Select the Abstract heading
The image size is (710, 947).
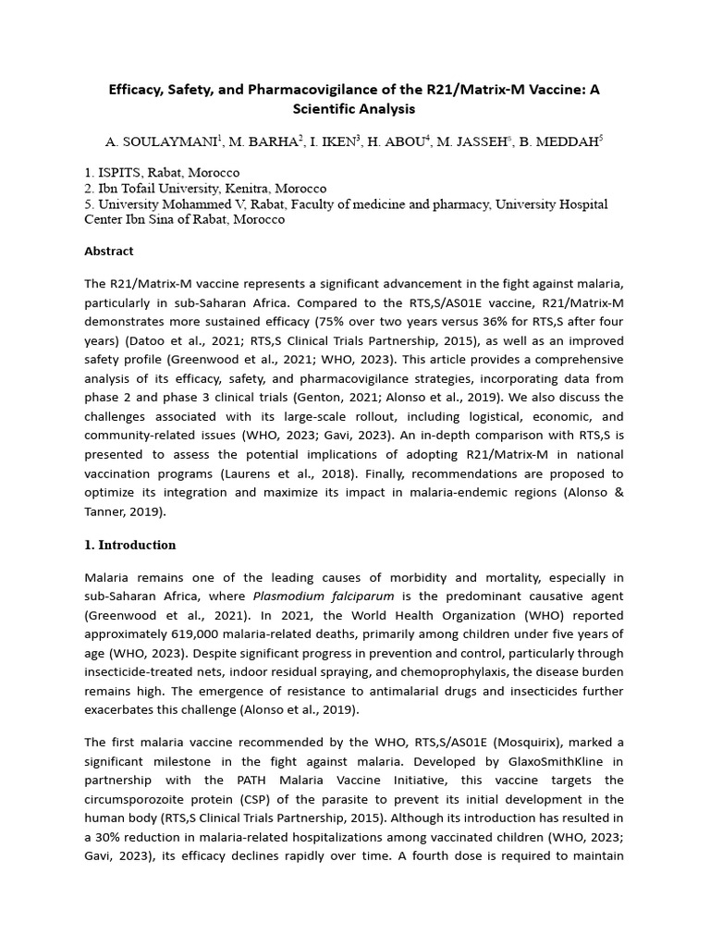click(109, 251)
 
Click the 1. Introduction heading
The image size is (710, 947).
click(130, 545)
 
